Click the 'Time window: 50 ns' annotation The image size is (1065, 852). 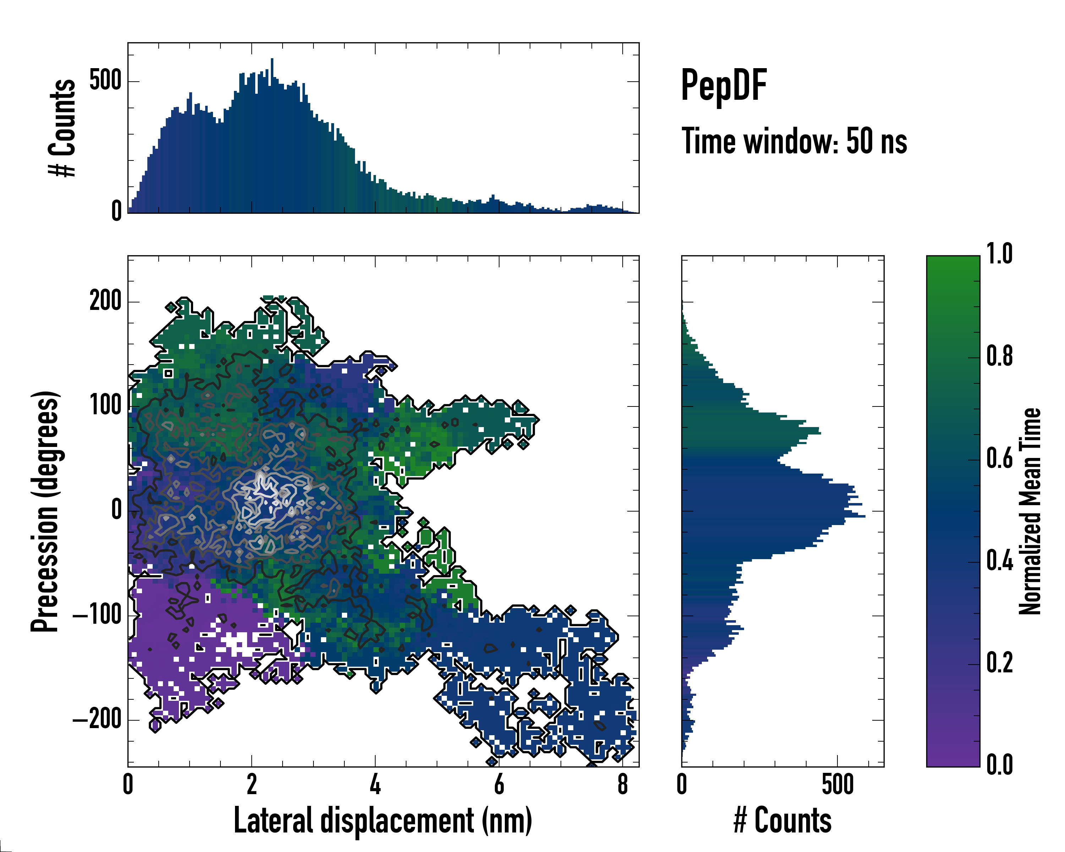click(x=794, y=141)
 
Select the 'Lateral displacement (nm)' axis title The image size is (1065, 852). click(x=382, y=820)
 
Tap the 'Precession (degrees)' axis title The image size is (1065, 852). click(x=45, y=511)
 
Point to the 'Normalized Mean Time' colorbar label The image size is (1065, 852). click(x=1030, y=511)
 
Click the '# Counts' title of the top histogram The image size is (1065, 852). click(x=63, y=128)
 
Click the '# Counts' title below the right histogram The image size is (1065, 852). click(x=782, y=820)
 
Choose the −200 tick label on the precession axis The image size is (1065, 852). click(x=97, y=720)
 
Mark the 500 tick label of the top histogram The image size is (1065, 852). click(x=105, y=81)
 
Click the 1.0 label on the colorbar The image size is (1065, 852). click(x=999, y=255)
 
